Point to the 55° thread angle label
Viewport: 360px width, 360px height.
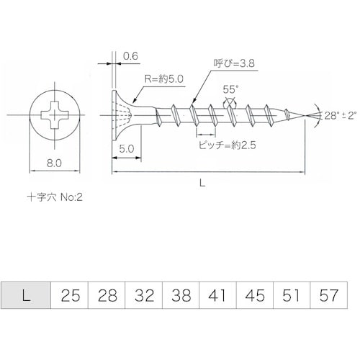pos(230,91)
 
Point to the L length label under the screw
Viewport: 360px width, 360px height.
pos(204,184)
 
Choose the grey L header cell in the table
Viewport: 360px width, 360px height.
pos(27,295)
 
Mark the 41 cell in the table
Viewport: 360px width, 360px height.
pos(217,295)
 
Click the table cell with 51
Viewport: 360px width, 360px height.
pos(290,295)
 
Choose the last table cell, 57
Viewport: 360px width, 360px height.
pos(328,295)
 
